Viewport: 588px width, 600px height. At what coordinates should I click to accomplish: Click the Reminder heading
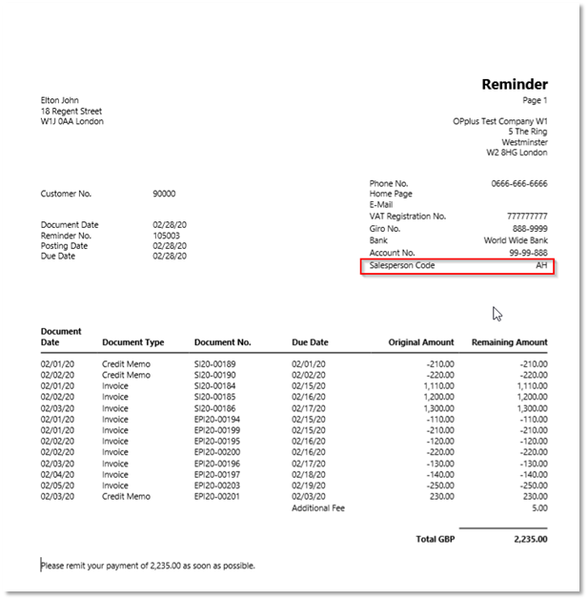(514, 85)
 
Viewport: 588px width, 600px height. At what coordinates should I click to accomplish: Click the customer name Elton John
(60, 100)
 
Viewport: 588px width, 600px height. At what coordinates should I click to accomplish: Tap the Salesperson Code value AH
(541, 265)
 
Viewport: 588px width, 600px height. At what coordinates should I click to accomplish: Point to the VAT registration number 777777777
(527, 217)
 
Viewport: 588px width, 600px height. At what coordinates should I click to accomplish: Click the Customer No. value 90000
(164, 194)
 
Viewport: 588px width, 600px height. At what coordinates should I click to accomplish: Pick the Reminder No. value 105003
(167, 235)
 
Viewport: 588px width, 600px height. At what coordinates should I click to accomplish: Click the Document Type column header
(132, 342)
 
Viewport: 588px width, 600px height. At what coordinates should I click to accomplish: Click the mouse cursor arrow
(497, 313)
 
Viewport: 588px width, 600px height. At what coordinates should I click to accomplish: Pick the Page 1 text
(535, 100)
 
